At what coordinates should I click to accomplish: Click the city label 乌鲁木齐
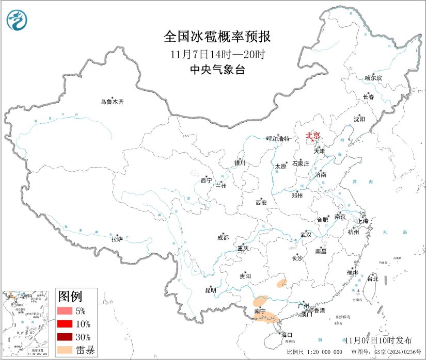(112, 102)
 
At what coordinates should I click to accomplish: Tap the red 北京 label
(313, 136)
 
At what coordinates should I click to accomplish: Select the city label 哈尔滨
(373, 78)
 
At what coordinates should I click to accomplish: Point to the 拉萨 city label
(117, 239)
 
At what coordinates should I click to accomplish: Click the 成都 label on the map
(223, 238)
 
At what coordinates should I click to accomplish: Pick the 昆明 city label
(210, 290)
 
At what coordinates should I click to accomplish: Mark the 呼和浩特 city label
(278, 139)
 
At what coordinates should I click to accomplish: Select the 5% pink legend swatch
(66, 311)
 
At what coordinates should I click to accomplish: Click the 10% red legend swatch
(66, 324)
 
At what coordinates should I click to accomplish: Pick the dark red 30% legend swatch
(66, 337)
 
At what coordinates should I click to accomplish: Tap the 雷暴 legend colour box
(66, 350)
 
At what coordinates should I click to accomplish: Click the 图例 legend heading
(70, 296)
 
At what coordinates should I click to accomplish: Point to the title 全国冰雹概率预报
(217, 37)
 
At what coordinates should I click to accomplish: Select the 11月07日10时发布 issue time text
(378, 340)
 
